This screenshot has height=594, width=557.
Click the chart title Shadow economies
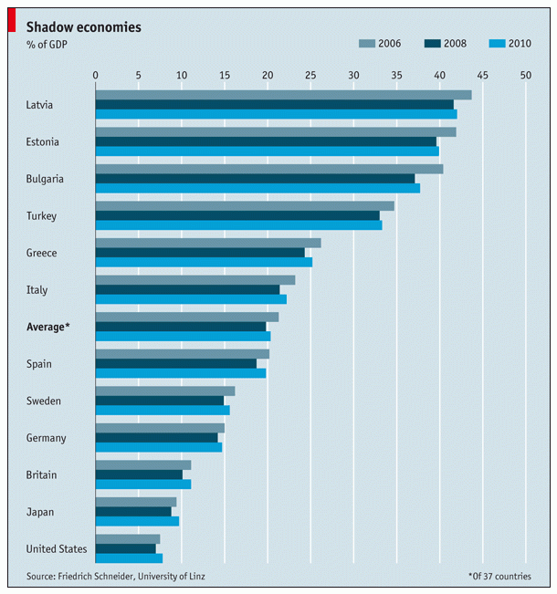(x=83, y=26)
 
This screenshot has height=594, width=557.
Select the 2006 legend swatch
(x=367, y=43)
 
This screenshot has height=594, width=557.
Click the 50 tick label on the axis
(x=526, y=75)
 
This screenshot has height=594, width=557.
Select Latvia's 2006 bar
(x=283, y=95)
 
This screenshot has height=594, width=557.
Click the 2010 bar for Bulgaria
(x=257, y=188)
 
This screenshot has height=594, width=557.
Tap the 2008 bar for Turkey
(x=237, y=215)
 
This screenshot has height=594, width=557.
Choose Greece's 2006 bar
(x=208, y=243)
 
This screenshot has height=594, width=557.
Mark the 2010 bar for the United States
(x=129, y=558)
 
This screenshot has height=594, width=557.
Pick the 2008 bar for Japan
(x=133, y=511)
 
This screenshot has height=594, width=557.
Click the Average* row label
(x=48, y=327)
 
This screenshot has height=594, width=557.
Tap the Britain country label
(x=42, y=474)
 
